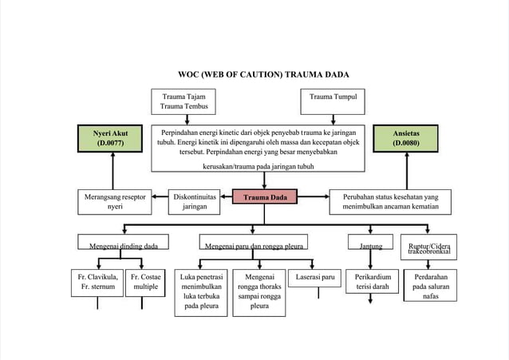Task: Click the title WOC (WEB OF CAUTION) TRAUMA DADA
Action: click(x=262, y=74)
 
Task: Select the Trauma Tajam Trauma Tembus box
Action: click(x=183, y=101)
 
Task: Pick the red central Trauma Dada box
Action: click(x=265, y=197)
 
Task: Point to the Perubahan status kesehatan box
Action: click(x=390, y=201)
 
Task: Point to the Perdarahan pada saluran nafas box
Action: click(x=429, y=286)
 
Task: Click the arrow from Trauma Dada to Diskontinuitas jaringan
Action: click(x=223, y=197)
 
